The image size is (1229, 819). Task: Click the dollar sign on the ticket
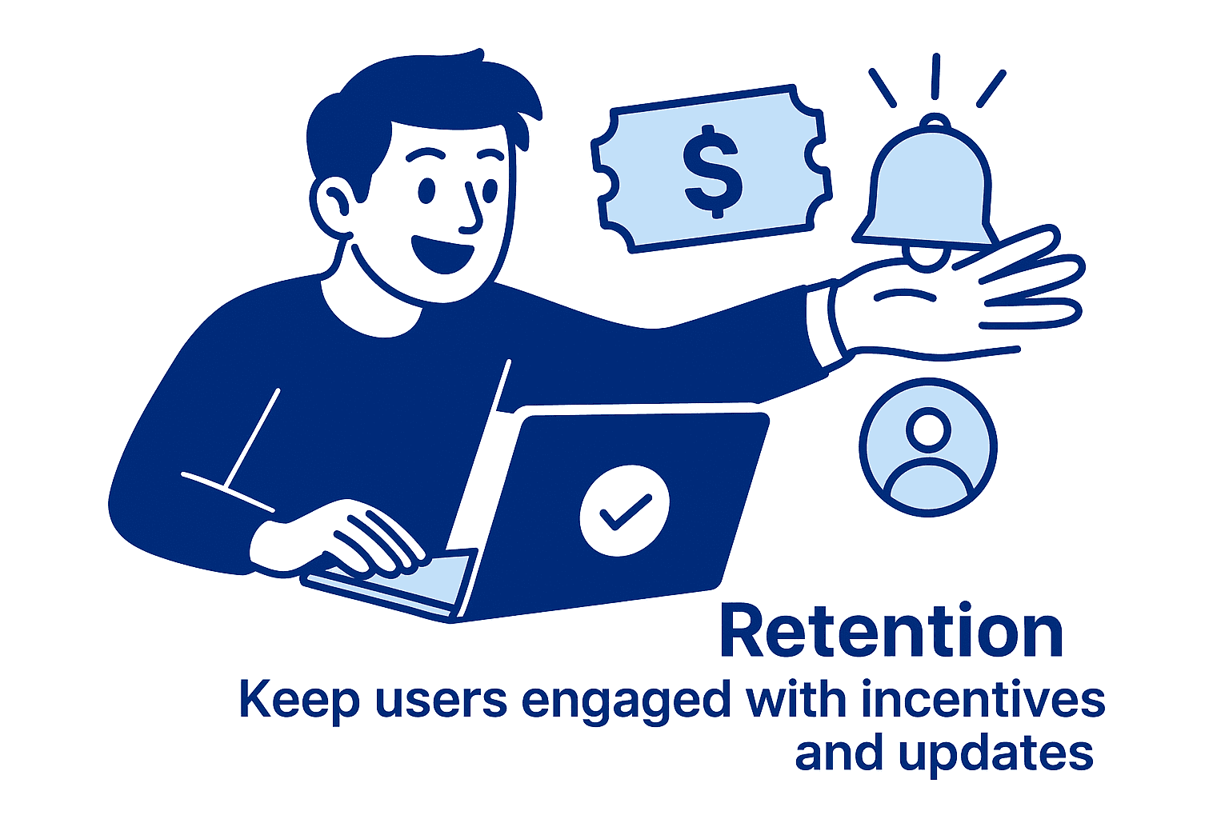pos(712,170)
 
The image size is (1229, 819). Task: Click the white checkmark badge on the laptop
pos(624,510)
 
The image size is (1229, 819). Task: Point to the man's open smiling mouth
pos(439,252)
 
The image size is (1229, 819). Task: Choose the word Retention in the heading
pos(891,632)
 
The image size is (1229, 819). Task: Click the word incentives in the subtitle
pos(983,700)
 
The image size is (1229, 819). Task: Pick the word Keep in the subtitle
pos(298,700)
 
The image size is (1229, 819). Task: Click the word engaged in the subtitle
pos(626,701)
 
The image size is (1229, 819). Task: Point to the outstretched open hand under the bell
pos(960,292)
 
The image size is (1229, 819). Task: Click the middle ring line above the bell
pos(935,76)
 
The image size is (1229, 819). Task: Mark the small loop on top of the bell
pos(934,122)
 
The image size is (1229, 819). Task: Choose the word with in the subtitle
pos(795,700)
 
